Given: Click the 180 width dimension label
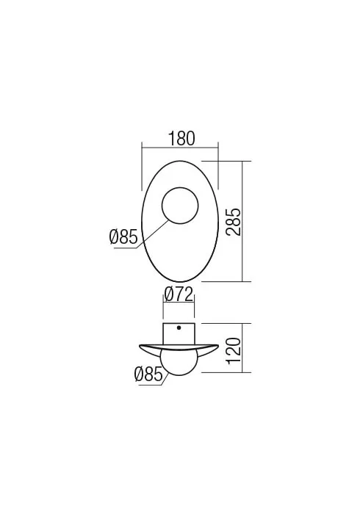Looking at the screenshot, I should tap(179, 137).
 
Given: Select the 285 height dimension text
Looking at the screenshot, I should tap(234, 221).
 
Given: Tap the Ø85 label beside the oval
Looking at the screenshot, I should tap(123, 237).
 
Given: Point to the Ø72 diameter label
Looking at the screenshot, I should tap(179, 294).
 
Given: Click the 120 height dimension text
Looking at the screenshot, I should tap(234, 349).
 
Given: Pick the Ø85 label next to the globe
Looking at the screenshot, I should tap(148, 374).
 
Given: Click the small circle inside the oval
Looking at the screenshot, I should tap(179, 205).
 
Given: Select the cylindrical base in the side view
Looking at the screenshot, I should tap(179, 333).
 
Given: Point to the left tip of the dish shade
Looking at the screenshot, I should tap(137, 345).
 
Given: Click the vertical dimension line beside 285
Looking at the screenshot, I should tap(244, 221).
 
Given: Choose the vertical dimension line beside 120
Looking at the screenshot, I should tap(244, 349).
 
